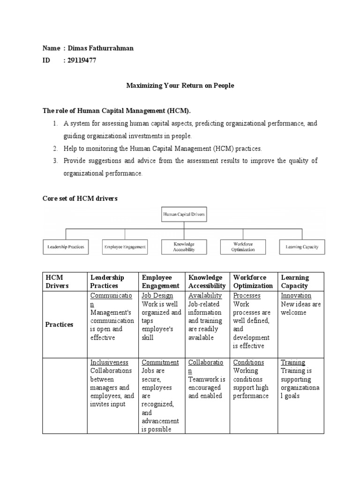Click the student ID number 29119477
[x=82, y=60]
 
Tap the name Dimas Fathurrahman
[x=101, y=48]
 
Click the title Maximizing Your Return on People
[x=180, y=86]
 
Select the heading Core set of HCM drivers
[x=80, y=199]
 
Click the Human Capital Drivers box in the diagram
[x=184, y=215]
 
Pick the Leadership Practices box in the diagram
[x=66, y=247]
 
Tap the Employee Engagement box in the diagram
[x=125, y=247]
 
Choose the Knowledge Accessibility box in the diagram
[x=184, y=247]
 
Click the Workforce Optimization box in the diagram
[x=243, y=247]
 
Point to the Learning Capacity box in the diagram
[x=302, y=247]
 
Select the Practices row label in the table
[x=59, y=324]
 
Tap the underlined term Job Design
[x=157, y=296]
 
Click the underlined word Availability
[x=205, y=296]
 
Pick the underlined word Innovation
[x=296, y=296]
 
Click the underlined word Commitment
[x=160, y=362]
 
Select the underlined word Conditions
[x=248, y=362]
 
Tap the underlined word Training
[x=293, y=362]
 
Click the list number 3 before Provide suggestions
[x=55, y=161]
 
